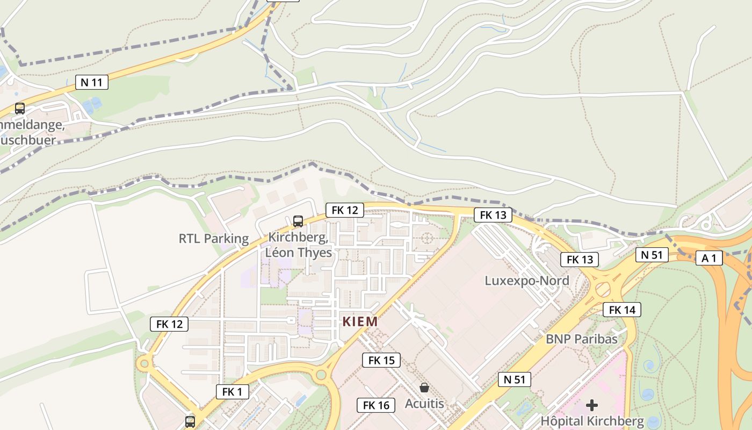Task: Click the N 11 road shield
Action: pyautogui.click(x=91, y=82)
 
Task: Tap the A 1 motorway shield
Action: pyautogui.click(x=709, y=258)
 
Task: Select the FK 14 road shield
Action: pyautogui.click(x=622, y=310)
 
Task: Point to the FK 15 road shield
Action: pyautogui.click(x=381, y=360)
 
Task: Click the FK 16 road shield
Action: pyautogui.click(x=376, y=405)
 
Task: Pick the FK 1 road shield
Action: pyautogui.click(x=232, y=392)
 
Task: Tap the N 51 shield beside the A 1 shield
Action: pyautogui.click(x=652, y=254)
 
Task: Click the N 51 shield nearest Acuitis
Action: pyautogui.click(x=514, y=379)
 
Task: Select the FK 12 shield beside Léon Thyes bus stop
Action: pyautogui.click(x=344, y=210)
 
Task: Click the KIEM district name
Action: pyautogui.click(x=360, y=322)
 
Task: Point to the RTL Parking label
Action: pyautogui.click(x=214, y=239)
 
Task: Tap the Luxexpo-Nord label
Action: pyautogui.click(x=527, y=281)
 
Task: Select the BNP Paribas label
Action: pyautogui.click(x=582, y=339)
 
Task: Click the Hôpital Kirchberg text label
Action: pyautogui.click(x=592, y=420)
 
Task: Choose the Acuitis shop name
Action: pyautogui.click(x=424, y=403)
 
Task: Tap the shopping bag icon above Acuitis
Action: pyautogui.click(x=424, y=388)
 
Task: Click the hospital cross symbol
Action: pyautogui.click(x=592, y=405)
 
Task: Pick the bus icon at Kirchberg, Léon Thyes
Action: pyautogui.click(x=298, y=221)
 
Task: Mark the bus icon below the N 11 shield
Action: pyautogui.click(x=20, y=109)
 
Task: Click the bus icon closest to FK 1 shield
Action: pyautogui.click(x=190, y=421)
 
